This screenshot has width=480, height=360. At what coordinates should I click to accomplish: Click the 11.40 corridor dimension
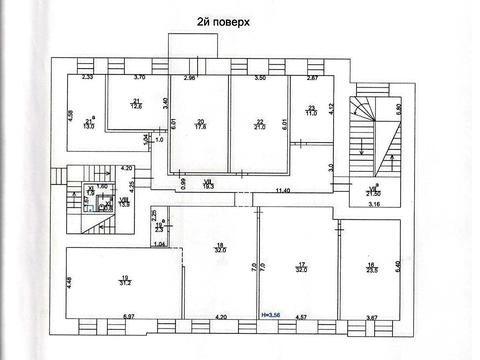click(x=283, y=189)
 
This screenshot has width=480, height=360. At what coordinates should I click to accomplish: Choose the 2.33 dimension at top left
click(x=87, y=77)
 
